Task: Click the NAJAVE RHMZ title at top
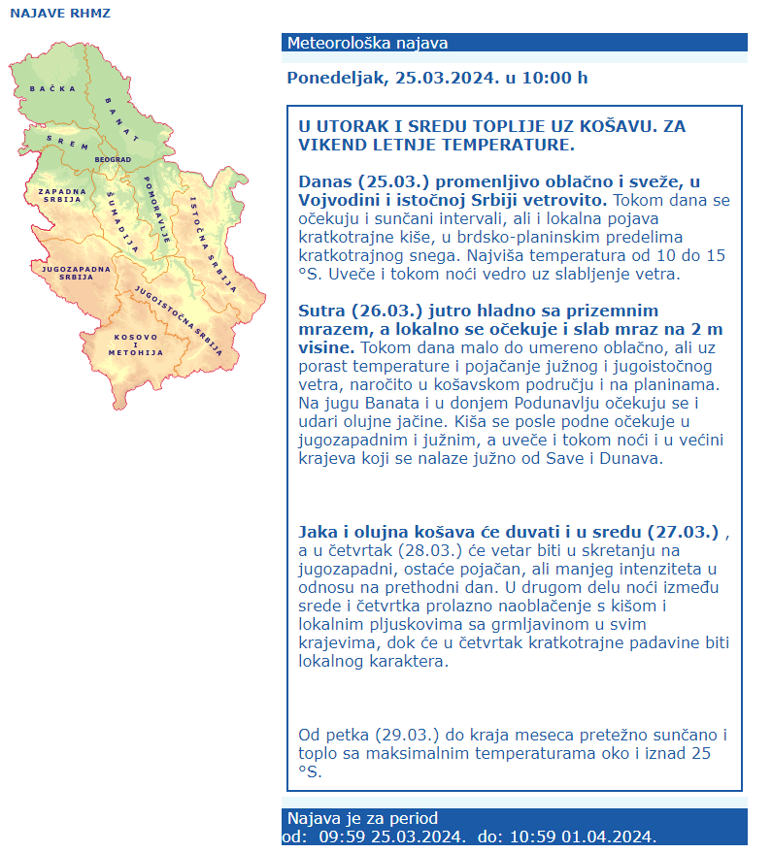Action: [60, 14]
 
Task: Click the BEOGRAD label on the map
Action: [113, 159]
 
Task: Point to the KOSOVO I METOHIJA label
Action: [136, 344]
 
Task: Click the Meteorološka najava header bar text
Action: [368, 43]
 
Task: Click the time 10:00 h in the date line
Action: [554, 78]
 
